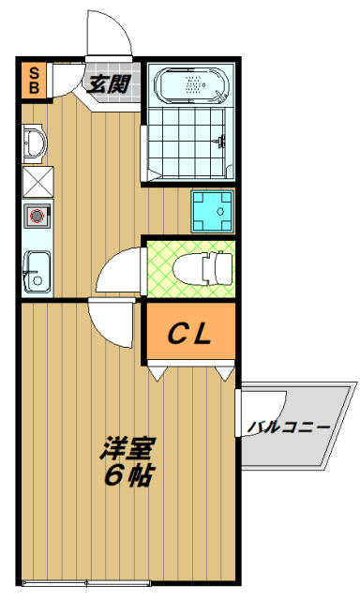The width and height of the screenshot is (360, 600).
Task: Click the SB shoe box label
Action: click(34, 81)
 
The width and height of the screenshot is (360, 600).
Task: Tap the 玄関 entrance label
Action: click(108, 84)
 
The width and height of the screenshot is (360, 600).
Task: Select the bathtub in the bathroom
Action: click(192, 85)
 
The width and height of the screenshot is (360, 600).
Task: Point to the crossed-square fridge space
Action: click(37, 182)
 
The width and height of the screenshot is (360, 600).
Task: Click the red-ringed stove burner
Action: click(37, 216)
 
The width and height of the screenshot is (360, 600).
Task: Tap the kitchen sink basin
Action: click(37, 272)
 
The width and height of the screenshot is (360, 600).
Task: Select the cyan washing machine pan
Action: click(213, 212)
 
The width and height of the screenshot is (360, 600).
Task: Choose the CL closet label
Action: click(189, 334)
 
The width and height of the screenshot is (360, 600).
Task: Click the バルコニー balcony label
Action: click(289, 427)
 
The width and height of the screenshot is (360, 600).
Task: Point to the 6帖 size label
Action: click(128, 474)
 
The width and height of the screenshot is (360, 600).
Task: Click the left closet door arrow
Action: click(157, 373)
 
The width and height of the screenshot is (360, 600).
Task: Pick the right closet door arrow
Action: click(225, 373)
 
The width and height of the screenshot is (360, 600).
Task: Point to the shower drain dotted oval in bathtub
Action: click(193, 84)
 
